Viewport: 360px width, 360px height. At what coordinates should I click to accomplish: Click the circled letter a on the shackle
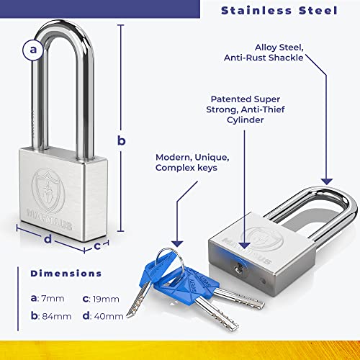33,50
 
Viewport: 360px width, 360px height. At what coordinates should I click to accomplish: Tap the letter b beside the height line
122,140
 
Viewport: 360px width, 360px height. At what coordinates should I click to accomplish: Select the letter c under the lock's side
97,246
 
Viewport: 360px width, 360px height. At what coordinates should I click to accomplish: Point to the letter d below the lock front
48,239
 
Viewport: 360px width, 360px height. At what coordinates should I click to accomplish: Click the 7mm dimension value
53,299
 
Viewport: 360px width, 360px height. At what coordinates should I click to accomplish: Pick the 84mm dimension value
57,316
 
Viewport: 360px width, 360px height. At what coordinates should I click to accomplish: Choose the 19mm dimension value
106,299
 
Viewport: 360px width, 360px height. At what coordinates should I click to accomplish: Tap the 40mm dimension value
109,316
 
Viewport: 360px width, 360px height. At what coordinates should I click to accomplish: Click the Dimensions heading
66,274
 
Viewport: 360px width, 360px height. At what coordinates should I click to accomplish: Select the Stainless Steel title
279,11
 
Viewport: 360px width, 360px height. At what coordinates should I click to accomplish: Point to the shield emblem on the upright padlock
48,190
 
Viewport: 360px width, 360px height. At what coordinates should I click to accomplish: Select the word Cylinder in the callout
245,120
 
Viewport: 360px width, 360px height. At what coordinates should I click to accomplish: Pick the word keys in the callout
207,168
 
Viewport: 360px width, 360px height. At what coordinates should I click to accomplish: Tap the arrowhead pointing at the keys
177,243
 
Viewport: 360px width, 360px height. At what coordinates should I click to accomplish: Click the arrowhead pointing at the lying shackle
327,181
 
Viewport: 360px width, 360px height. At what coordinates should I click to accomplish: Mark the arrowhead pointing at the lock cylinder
245,246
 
